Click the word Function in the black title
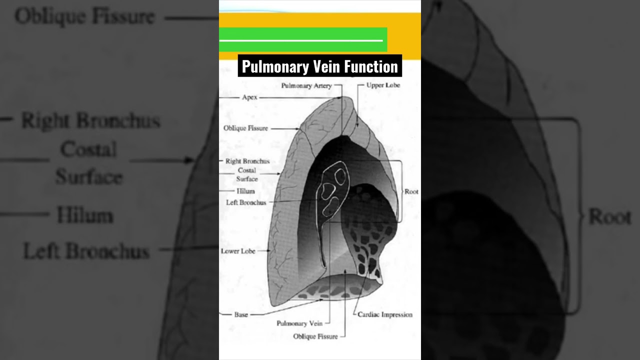coord(371,66)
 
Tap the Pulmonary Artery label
coord(306,85)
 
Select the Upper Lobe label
coord(383,85)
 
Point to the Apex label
coord(249,97)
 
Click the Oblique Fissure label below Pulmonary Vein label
coord(315,336)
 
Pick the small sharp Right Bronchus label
coord(247,161)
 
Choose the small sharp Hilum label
coord(245,191)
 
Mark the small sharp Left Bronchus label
coord(246,202)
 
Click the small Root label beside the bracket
coord(411,191)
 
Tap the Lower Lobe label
coord(238,251)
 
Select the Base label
coord(241,315)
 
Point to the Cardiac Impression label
coord(385,314)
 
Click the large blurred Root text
coord(609,217)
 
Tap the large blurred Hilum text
coord(85,215)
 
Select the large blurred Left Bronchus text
coord(86,251)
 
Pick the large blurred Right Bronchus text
coord(90,121)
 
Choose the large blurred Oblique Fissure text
coord(84,17)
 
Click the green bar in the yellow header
coord(303,39)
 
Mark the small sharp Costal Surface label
coord(247,174)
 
